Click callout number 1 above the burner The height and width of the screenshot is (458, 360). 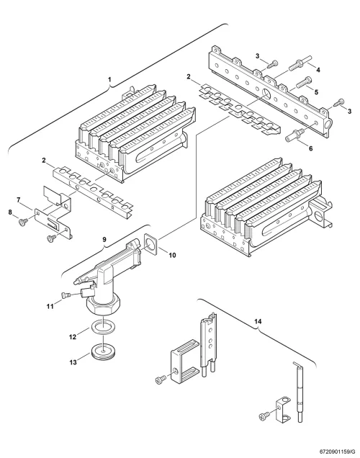coord(109,79)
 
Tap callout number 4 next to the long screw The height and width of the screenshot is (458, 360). coord(318,70)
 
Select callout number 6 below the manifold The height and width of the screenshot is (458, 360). coord(310,148)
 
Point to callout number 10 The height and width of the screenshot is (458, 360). coord(172,255)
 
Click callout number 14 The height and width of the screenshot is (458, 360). coord(258,322)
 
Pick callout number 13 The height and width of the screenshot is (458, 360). coord(73,362)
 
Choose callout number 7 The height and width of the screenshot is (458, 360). coord(19,200)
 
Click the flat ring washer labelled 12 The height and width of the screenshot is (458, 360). coord(104,326)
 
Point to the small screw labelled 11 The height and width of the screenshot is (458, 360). coord(66,295)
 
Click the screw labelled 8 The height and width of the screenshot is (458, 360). coord(22,222)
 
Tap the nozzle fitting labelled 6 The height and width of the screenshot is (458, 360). coord(293,135)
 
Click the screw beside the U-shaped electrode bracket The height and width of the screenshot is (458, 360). coord(161,380)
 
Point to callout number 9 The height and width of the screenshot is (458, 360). coord(104,239)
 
